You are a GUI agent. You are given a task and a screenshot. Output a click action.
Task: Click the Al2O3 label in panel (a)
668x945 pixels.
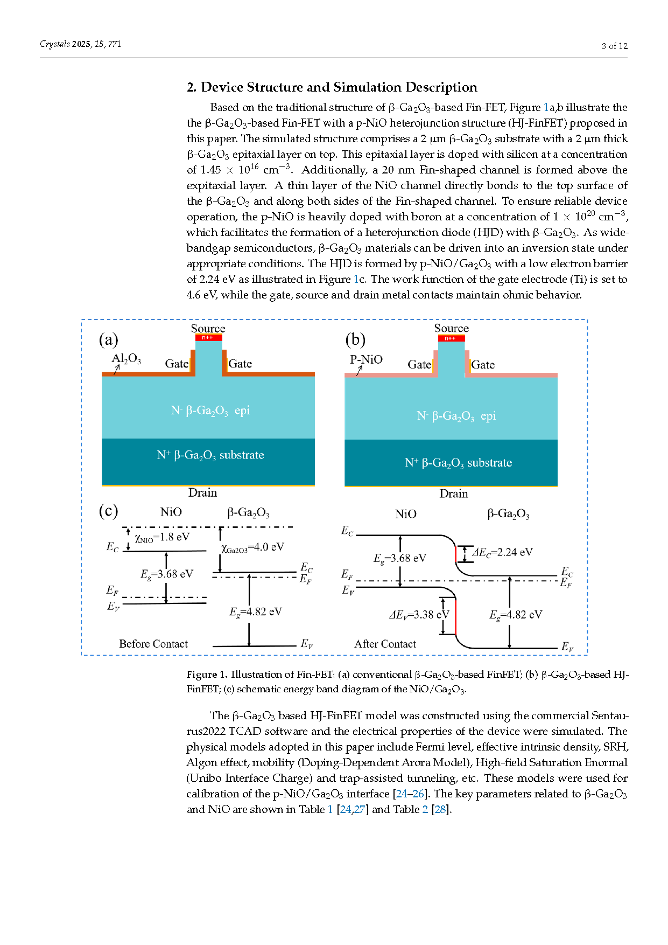126,359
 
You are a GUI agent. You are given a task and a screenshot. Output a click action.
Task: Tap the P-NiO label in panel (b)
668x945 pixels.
366,359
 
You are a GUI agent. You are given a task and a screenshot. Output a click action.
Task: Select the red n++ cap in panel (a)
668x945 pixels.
208,338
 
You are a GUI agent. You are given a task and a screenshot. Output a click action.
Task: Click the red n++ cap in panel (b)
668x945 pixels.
451,338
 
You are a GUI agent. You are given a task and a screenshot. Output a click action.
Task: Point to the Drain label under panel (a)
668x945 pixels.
203,492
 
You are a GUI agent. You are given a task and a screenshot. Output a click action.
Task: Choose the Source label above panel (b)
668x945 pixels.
452,328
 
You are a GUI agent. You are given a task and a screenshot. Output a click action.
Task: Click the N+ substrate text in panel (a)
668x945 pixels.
210,455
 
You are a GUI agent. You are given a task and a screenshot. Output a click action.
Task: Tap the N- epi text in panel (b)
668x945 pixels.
456,416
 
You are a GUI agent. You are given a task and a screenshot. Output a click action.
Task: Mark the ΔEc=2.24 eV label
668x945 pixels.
502,552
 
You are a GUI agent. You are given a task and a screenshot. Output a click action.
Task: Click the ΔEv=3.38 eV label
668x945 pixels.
419,615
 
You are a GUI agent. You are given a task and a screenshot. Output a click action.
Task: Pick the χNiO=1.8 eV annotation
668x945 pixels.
162,537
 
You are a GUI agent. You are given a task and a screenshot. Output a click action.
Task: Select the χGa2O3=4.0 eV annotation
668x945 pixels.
252,547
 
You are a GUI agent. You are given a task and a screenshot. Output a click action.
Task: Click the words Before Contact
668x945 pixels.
153,644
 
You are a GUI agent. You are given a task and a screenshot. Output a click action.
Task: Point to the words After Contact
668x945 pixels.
385,644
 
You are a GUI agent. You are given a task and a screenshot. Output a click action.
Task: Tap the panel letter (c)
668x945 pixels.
108,511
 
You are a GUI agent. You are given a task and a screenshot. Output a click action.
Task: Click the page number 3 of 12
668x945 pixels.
615,46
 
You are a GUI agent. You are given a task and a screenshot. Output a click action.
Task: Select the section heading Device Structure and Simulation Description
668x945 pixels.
339,87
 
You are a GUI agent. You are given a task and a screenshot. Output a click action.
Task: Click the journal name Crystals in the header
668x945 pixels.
54,44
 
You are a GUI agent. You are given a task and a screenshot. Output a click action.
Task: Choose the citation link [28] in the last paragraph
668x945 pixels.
440,809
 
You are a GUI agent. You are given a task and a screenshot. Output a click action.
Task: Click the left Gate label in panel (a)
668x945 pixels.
177,364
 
